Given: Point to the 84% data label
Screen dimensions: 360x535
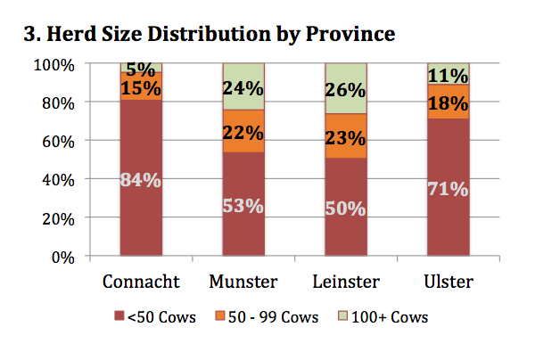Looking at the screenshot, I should pyautogui.click(x=141, y=179).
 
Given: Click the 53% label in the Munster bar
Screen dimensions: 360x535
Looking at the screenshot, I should pyautogui.click(x=243, y=206).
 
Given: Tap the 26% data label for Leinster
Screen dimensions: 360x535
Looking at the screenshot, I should pyautogui.click(x=346, y=90).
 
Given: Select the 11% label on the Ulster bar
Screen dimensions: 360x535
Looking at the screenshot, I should pyautogui.click(x=449, y=74).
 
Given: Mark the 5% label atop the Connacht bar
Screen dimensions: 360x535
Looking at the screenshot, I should pyautogui.click(x=141, y=69).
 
